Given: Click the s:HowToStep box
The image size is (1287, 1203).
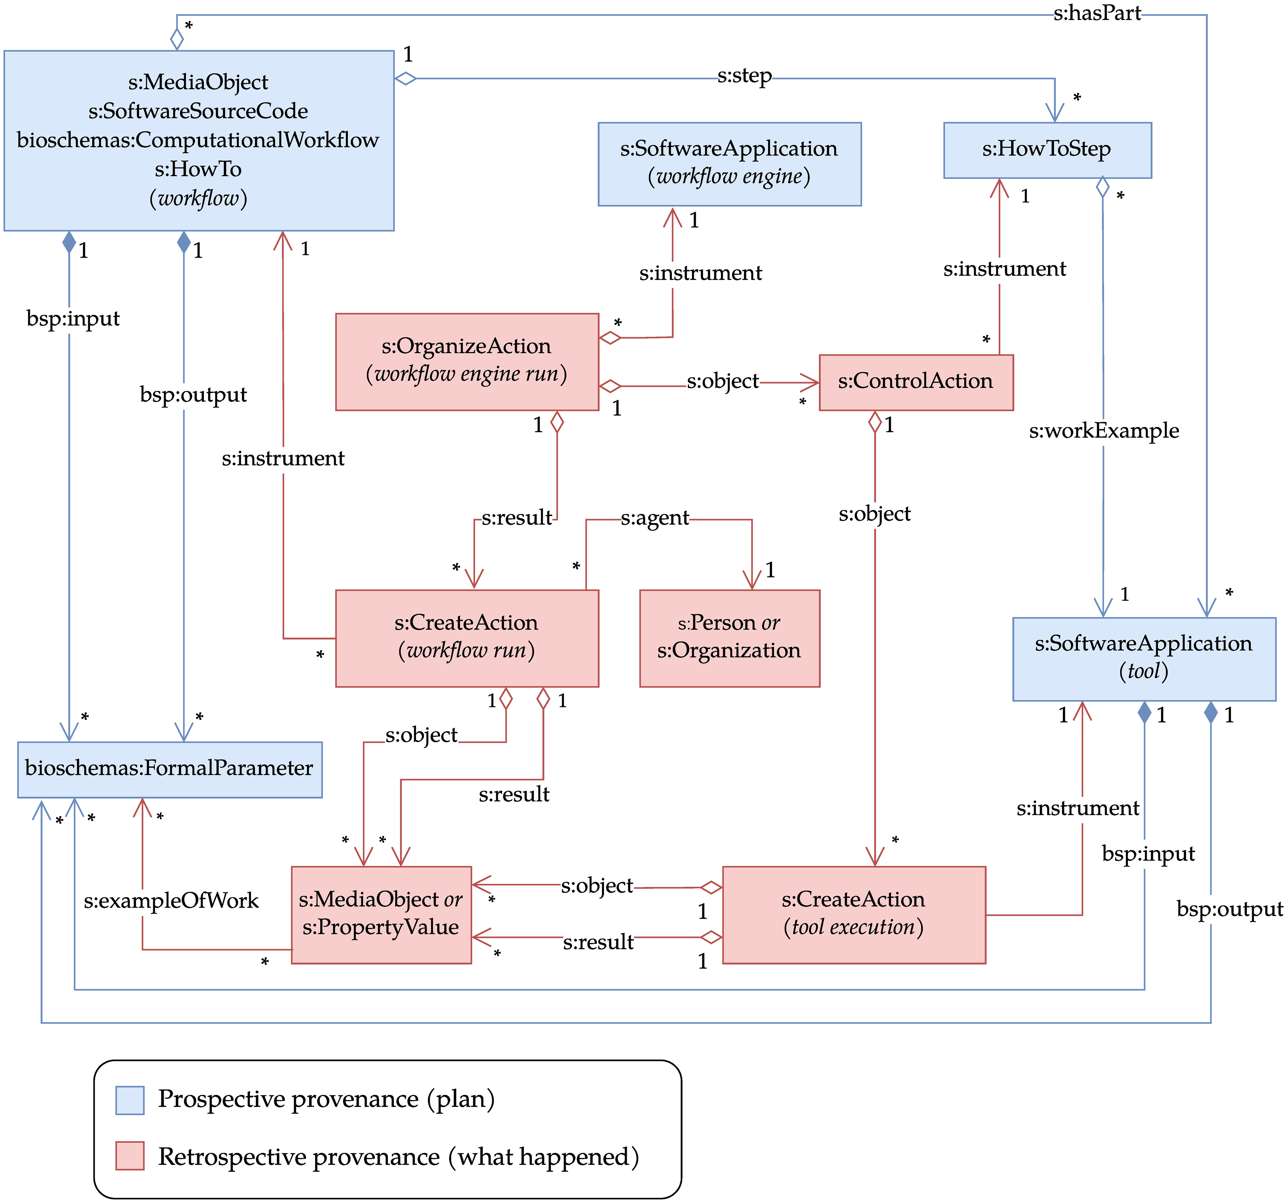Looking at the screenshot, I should tap(1047, 149).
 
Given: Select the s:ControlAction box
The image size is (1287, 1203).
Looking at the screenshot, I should tap(915, 382).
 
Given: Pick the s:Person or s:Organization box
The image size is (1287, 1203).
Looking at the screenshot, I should tap(729, 638).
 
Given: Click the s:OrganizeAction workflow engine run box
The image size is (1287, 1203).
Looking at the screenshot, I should tap(466, 361).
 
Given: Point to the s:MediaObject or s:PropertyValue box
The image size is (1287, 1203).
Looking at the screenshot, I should tap(381, 914).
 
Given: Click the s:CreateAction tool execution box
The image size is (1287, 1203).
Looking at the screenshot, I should tap(853, 914).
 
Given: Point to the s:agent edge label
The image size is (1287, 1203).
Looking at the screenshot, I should tap(654, 518).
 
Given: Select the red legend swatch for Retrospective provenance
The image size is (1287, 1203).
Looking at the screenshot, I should tap(129, 1156).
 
